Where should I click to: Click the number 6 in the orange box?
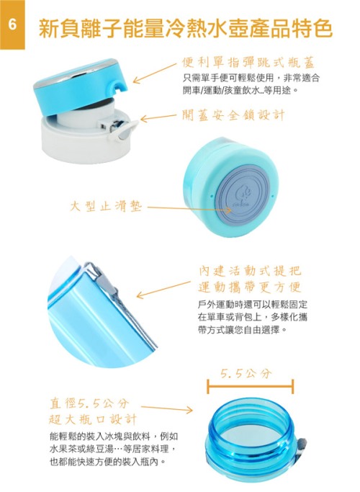click(12, 24)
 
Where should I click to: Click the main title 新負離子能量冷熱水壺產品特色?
click(185, 29)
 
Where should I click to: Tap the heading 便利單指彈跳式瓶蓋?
click(248, 63)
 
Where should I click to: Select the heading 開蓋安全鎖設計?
click(233, 115)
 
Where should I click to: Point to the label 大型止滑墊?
click(106, 207)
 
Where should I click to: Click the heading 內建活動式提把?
click(250, 271)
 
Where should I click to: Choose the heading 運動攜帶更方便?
click(250, 287)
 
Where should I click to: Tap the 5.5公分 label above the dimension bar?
click(246, 373)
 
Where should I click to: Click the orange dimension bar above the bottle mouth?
click(250, 386)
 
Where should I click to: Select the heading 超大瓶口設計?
click(93, 419)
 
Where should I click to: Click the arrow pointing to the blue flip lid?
click(155, 73)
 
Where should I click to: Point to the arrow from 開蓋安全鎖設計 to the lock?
click(158, 117)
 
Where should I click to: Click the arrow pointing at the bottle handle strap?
click(163, 290)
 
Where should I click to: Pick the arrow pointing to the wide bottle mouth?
click(167, 408)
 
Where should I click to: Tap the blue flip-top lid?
click(81, 84)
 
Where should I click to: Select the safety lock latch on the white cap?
click(121, 129)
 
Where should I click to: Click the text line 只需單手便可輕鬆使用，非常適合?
click(251, 78)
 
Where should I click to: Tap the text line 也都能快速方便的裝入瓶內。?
click(107, 462)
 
